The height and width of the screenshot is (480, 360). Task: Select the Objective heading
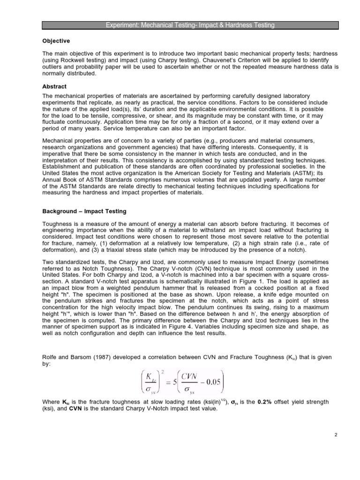[56, 41]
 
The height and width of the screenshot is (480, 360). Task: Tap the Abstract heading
[54, 86]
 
